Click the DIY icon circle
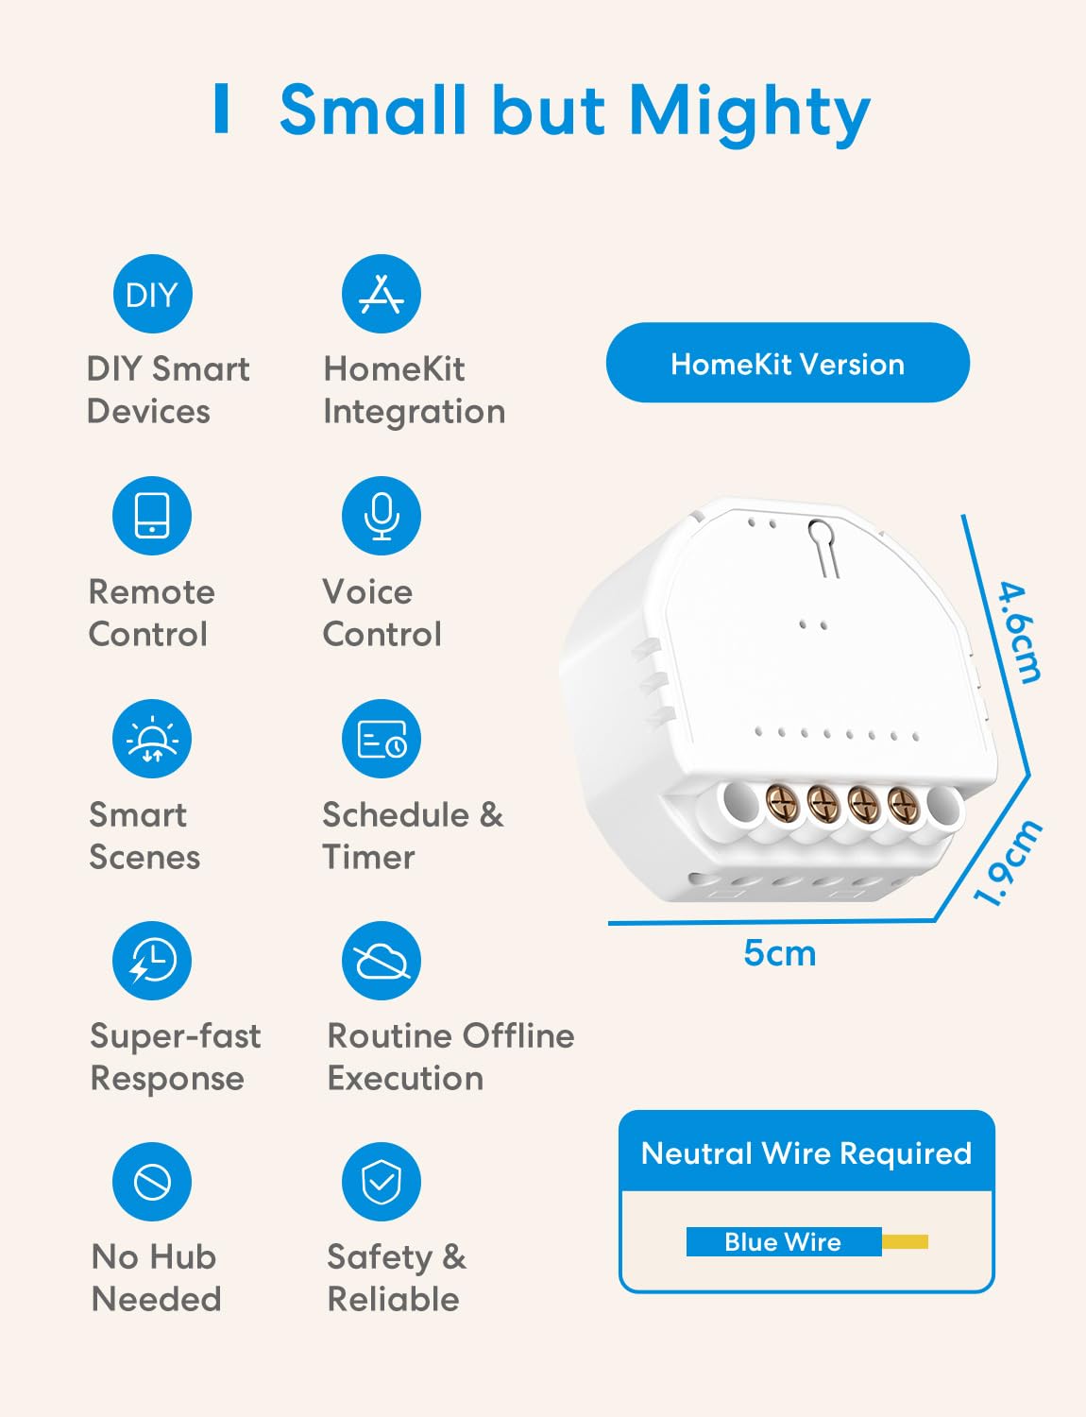click(153, 294)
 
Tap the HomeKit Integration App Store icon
click(382, 294)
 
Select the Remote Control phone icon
click(152, 516)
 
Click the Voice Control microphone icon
click(382, 516)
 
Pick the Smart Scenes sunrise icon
click(152, 739)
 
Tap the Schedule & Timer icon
click(382, 739)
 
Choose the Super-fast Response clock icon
click(152, 961)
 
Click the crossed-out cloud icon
click(382, 961)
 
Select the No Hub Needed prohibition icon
click(152, 1182)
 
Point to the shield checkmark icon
click(382, 1182)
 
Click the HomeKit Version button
click(789, 363)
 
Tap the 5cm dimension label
click(780, 954)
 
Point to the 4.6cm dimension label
click(1020, 633)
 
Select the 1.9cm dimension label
click(1008, 862)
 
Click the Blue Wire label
click(783, 1241)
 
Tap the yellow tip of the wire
click(905, 1241)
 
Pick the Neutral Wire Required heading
click(806, 1152)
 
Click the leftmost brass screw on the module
click(782, 803)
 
